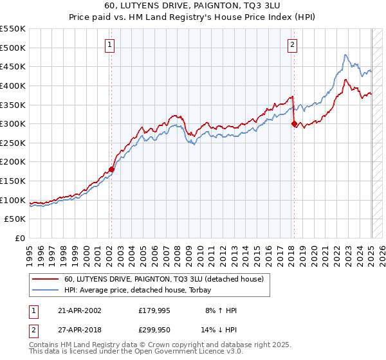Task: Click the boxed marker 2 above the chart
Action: point(293,44)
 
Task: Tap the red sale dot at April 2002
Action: point(111,170)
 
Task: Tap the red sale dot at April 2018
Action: point(294,124)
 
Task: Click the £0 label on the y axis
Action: point(20,238)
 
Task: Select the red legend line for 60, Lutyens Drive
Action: point(46,280)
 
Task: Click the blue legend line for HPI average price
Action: point(46,291)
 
